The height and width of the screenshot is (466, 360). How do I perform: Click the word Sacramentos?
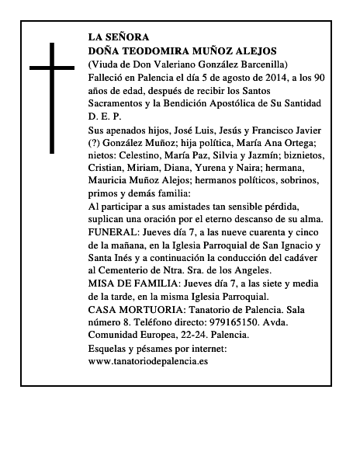coord(119,103)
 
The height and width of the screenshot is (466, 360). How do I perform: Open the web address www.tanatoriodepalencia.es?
coord(148,361)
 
